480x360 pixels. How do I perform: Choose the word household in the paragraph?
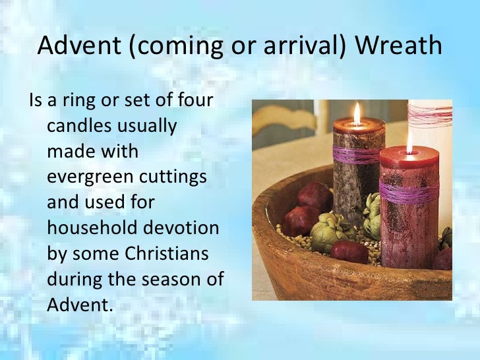(x=89, y=227)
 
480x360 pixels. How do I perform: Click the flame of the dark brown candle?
(x=357, y=113)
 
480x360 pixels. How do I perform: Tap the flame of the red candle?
(x=409, y=142)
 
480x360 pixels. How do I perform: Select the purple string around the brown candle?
(x=357, y=155)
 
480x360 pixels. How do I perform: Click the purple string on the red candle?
(x=409, y=192)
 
